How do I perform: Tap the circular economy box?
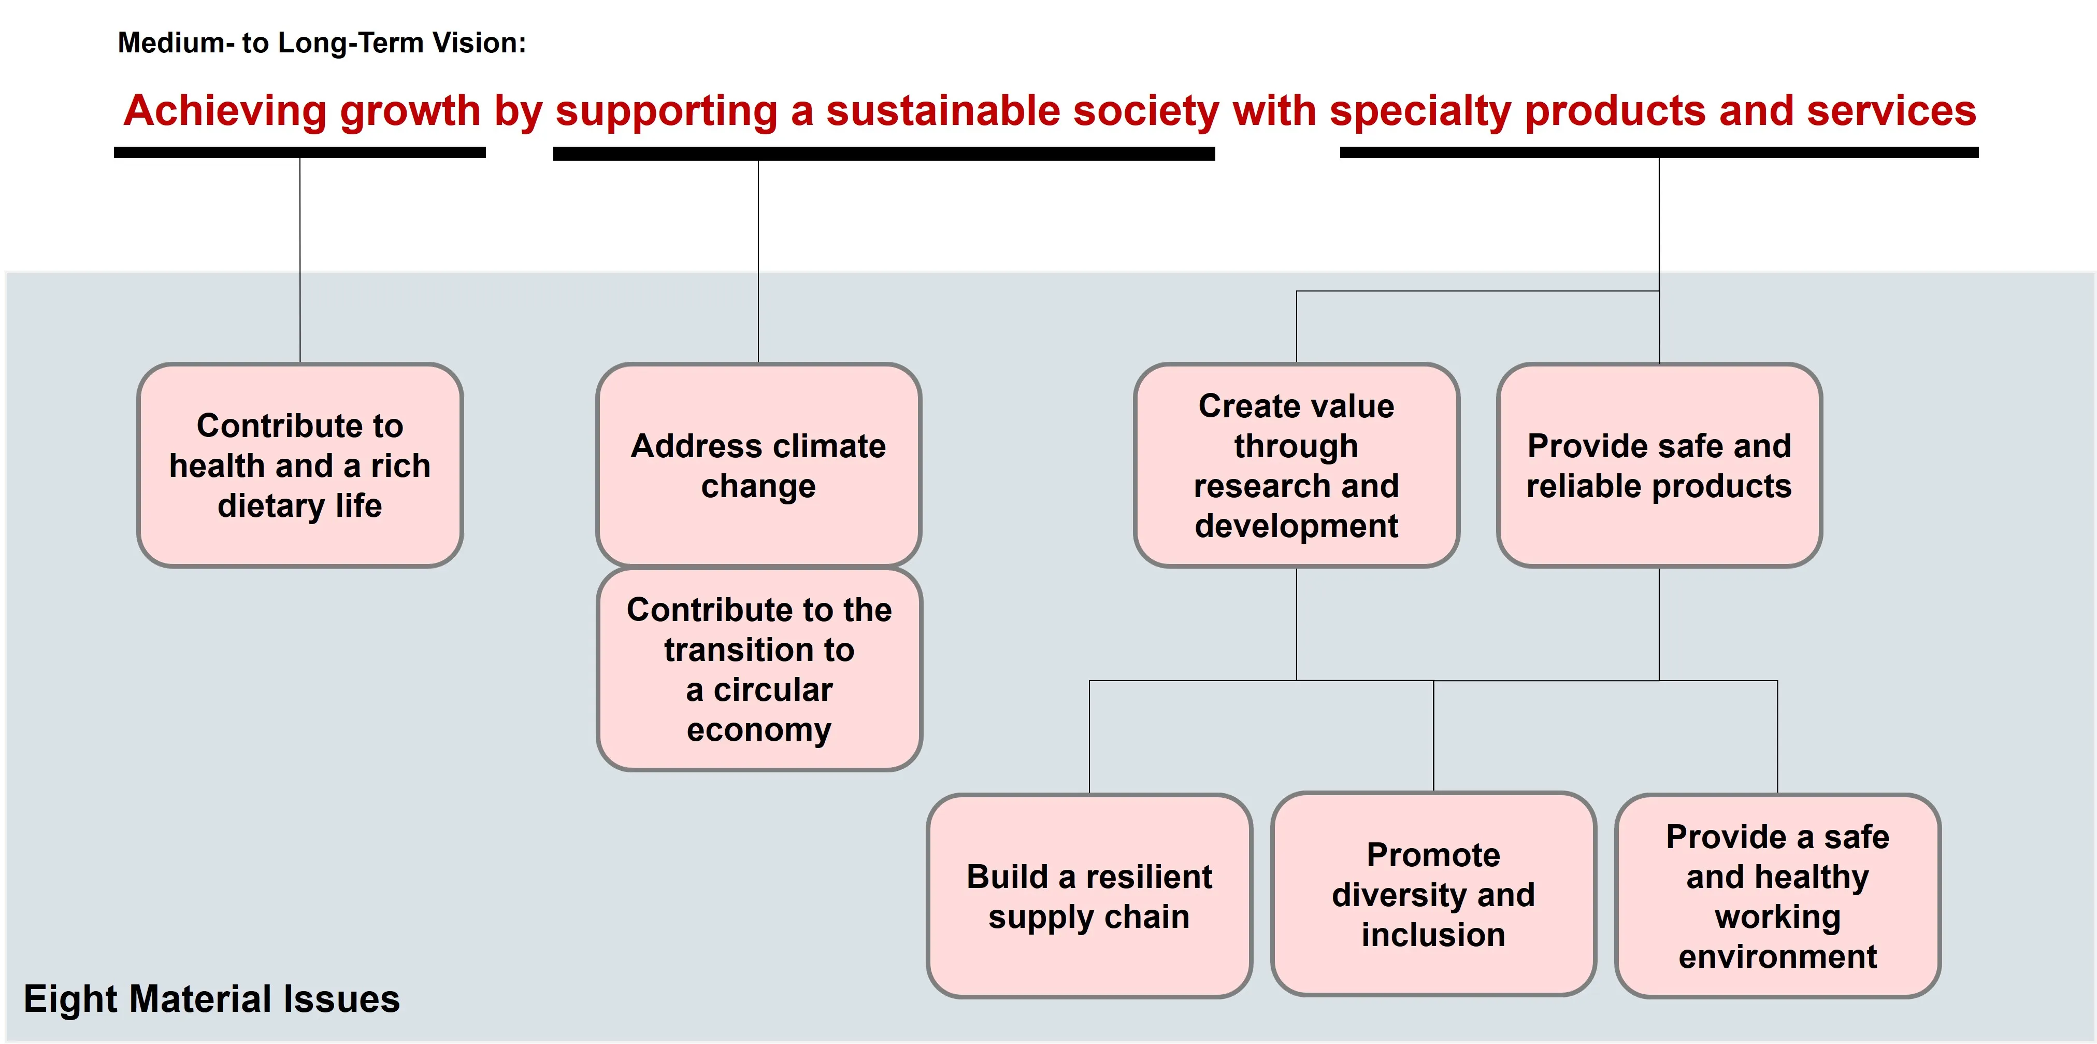759,669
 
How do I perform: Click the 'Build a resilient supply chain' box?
1089,896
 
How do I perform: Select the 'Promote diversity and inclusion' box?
1433,894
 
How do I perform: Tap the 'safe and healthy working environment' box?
1778,896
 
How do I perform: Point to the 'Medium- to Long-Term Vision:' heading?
322,43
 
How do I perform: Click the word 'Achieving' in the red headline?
225,111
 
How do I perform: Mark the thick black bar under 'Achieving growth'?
299,152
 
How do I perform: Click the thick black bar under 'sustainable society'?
884,153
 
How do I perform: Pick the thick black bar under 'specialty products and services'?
1659,152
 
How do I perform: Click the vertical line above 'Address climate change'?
759,261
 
